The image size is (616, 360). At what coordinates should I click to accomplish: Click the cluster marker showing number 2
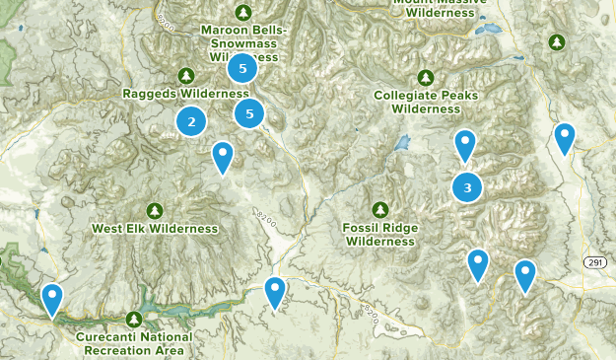[x=191, y=122]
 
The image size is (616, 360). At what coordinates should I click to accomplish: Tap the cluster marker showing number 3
[x=467, y=186]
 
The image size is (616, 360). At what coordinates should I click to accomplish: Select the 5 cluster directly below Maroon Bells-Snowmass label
[x=241, y=69]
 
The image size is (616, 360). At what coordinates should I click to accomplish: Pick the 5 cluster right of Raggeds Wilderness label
[x=249, y=113]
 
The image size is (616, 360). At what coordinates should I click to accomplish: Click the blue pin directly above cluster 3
[x=465, y=146]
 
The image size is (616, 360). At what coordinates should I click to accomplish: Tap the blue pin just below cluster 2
[x=223, y=156]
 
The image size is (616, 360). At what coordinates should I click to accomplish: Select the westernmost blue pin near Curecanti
[x=51, y=298]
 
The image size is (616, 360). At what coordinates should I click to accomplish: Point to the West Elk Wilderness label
[x=155, y=229]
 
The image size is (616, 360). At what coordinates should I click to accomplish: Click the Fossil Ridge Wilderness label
[x=380, y=234]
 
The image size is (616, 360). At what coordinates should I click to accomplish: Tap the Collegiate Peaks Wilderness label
[x=426, y=103]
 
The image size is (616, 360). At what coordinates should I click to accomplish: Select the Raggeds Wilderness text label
[x=185, y=94]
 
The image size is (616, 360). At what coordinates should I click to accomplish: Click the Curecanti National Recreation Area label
[x=135, y=343]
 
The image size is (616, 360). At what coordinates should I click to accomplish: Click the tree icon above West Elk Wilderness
[x=155, y=211]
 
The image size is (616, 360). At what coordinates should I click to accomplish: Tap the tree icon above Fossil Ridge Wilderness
[x=380, y=209]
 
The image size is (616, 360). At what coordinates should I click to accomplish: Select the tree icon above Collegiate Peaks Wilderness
[x=426, y=78]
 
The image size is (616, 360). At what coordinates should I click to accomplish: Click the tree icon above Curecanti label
[x=135, y=319]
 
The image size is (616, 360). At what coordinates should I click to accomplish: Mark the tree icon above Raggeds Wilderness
[x=185, y=76]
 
